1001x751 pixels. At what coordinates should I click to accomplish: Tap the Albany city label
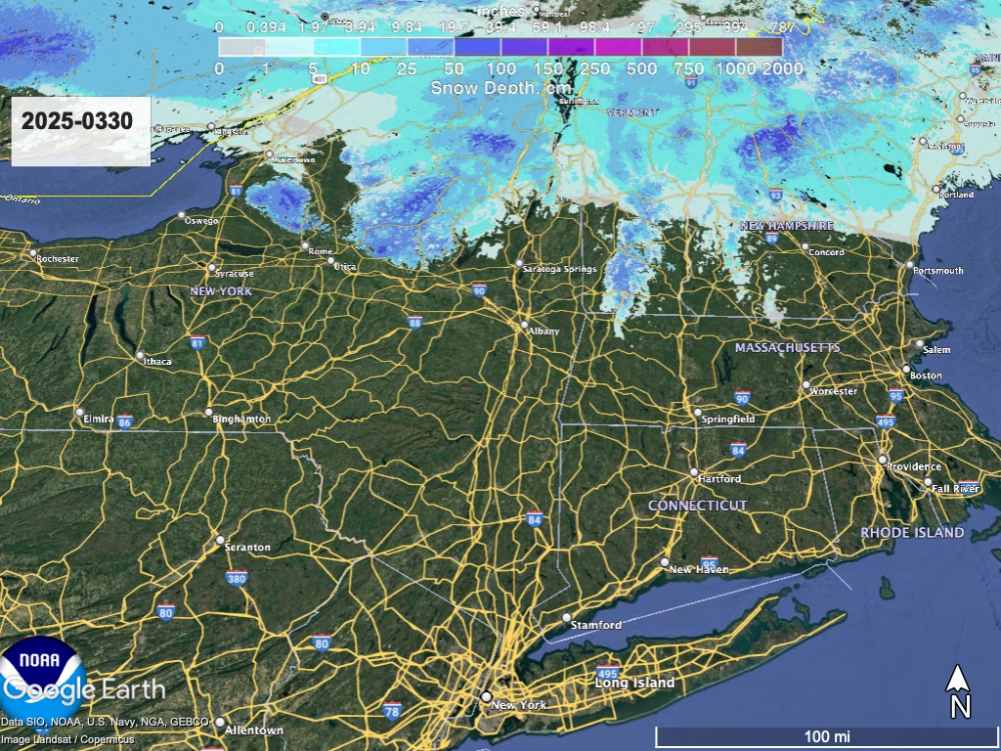pos(544,331)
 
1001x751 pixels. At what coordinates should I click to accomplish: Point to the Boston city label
pos(926,375)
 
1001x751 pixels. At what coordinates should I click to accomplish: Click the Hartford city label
pos(719,479)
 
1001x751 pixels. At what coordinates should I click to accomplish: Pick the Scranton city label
pos(247,548)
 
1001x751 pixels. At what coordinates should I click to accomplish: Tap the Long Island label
pos(635,683)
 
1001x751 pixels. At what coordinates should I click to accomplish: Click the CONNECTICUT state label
pos(698,506)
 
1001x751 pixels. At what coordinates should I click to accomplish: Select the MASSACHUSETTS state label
pos(788,348)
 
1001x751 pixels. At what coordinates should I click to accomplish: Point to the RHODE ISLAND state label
pos(912,533)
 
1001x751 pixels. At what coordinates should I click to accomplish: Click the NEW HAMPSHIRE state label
pos(787,226)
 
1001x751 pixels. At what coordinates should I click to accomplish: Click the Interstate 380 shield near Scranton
pos(236,578)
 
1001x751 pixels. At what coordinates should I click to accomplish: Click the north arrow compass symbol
pos(960,690)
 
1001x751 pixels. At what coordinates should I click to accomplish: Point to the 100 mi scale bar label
pos(827,735)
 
